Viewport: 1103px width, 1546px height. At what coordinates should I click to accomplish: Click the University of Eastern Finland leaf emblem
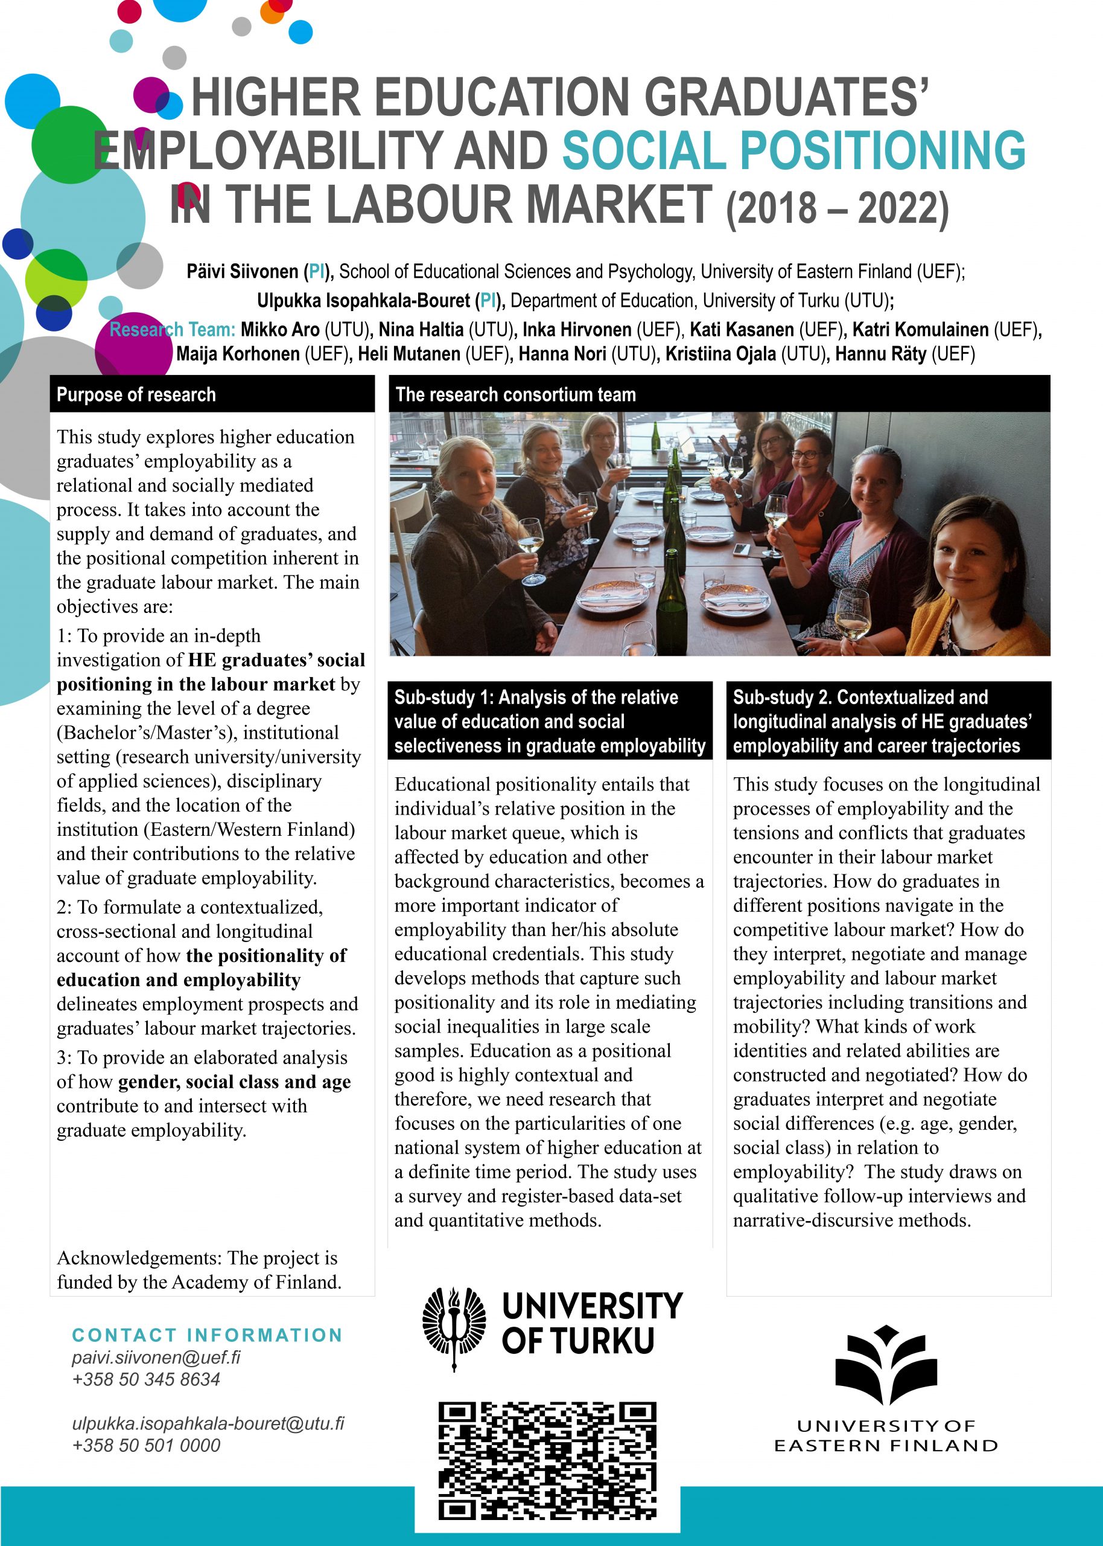pos(886,1365)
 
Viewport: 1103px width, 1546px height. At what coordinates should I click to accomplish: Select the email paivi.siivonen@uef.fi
pos(156,1357)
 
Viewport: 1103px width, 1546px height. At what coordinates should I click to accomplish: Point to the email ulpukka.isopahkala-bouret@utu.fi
pos(208,1423)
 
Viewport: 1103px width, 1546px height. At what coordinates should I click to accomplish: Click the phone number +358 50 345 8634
pos(146,1379)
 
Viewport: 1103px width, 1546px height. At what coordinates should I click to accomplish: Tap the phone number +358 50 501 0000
pos(146,1445)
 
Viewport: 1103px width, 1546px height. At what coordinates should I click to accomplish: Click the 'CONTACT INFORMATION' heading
pos(207,1335)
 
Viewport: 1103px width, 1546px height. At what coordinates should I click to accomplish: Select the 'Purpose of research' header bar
pos(212,394)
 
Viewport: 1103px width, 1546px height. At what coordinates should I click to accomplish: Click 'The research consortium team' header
pos(719,394)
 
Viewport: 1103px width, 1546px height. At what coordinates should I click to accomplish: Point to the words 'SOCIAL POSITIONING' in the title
pos(793,150)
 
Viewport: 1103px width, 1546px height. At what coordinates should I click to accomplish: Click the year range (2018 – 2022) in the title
pos(837,208)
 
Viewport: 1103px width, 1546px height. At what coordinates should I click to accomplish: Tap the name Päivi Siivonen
pos(243,272)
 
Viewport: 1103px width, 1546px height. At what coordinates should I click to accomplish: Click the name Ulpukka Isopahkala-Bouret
pos(363,300)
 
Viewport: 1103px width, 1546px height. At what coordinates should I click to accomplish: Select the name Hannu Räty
pos(880,354)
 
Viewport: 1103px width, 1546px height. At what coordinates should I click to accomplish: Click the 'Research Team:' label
pos(173,330)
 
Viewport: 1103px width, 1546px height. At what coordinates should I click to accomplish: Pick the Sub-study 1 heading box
pos(550,721)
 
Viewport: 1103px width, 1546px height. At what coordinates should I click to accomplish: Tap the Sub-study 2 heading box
pos(888,721)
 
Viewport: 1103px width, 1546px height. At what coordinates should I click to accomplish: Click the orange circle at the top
pos(272,13)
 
